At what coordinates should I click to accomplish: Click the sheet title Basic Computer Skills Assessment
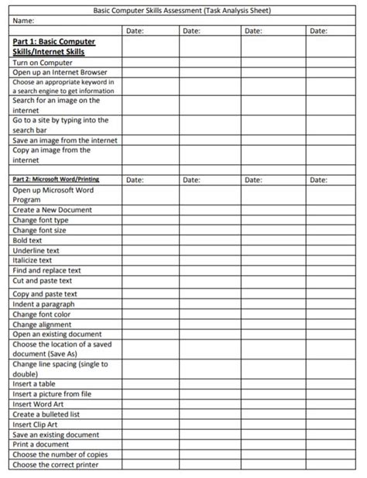182,11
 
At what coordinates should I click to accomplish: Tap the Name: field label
25,21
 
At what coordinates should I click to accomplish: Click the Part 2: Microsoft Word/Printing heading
56,180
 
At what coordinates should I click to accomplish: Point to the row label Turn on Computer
43,63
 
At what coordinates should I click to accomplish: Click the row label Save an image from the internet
65,140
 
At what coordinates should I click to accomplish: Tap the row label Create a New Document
52,210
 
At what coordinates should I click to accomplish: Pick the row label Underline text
36,250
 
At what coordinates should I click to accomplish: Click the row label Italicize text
33,260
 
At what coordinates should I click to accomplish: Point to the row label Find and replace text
46,270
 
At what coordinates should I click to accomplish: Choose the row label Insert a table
34,384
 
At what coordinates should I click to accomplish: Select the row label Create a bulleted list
46,414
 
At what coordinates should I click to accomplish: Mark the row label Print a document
40,445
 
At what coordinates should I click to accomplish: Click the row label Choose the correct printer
57,465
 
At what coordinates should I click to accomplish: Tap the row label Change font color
41,315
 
